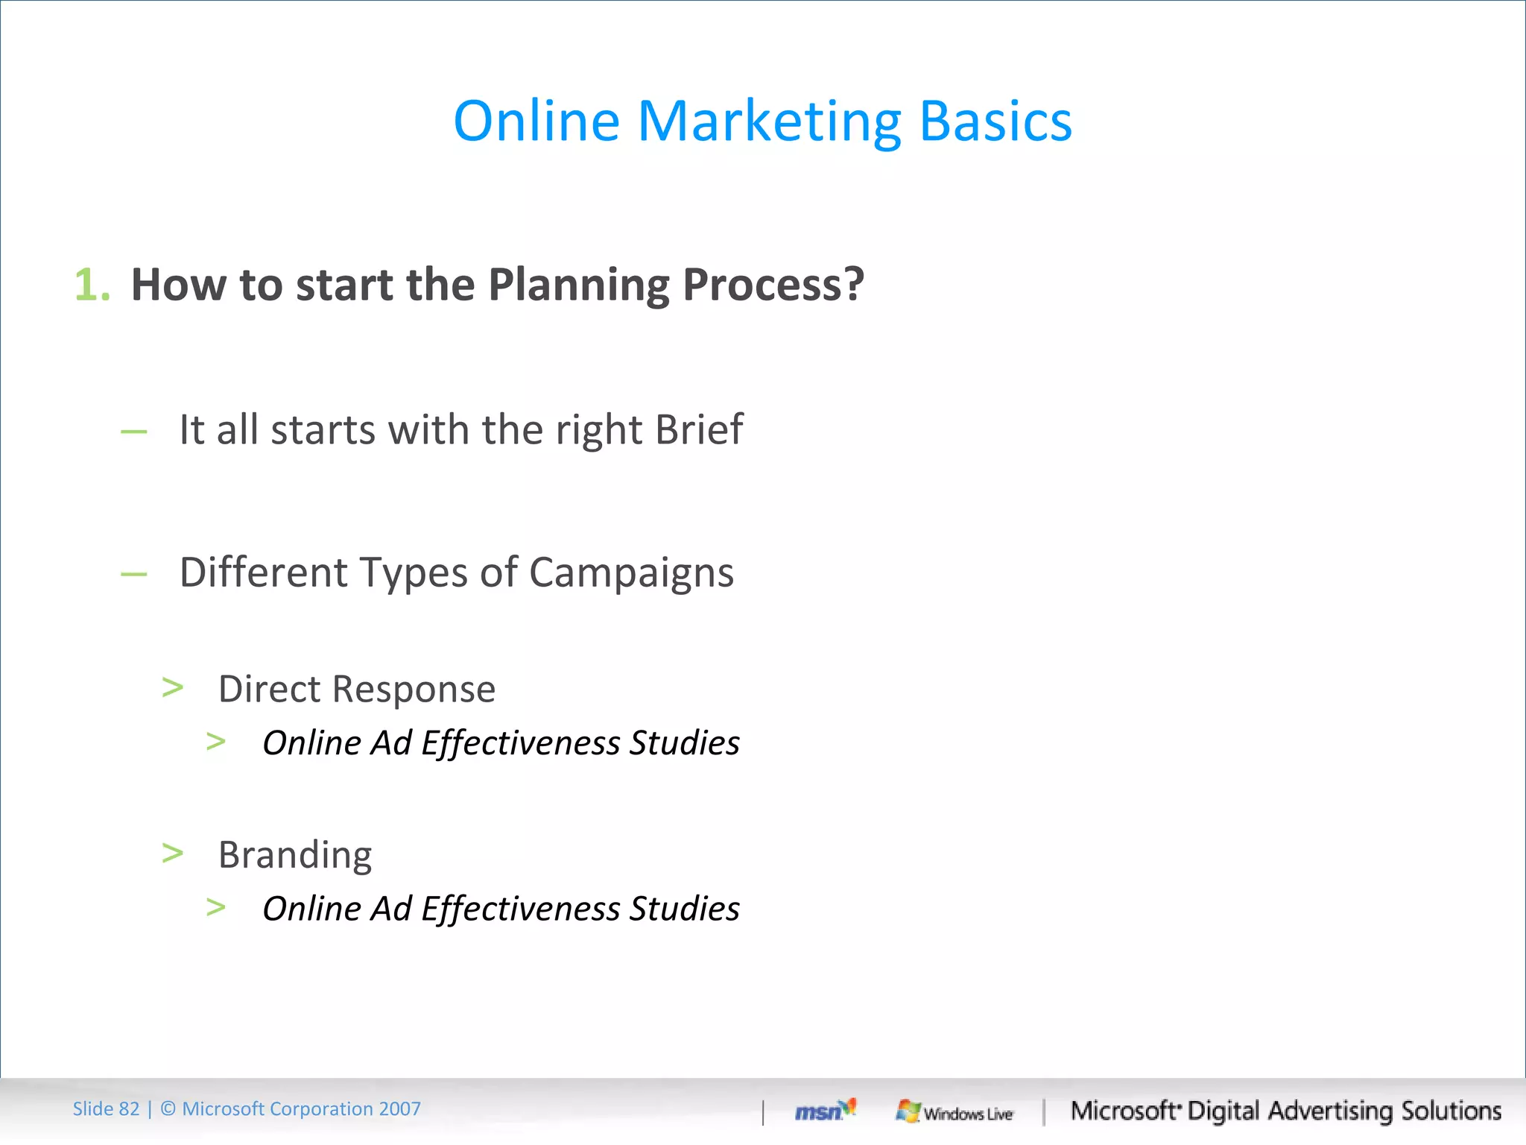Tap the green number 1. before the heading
click(92, 286)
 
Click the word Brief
click(698, 429)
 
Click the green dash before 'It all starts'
click(134, 432)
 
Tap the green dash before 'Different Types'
click(134, 574)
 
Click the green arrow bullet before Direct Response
click(173, 687)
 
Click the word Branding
click(295, 856)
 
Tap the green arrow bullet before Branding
click(173, 853)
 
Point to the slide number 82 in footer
click(129, 1109)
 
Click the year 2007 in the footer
click(399, 1109)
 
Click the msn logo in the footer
click(825, 1111)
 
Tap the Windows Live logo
click(954, 1112)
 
